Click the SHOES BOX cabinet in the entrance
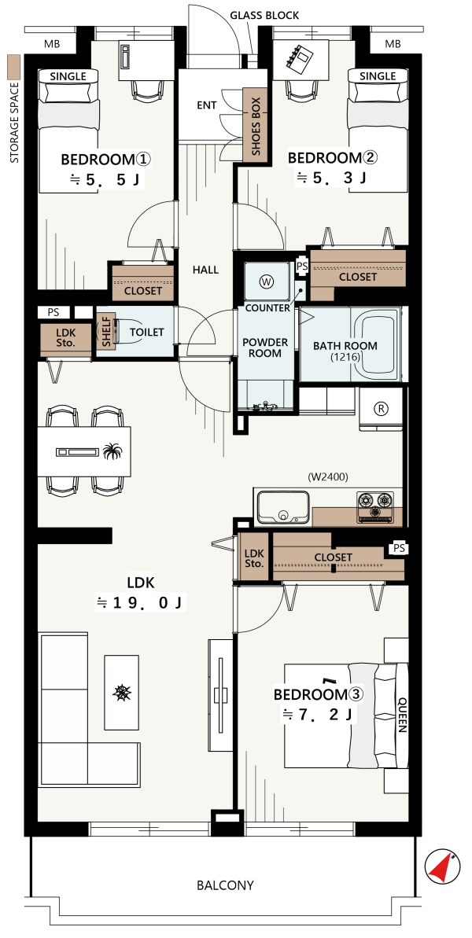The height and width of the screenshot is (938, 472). (255, 126)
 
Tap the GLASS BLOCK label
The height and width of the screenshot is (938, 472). (264, 16)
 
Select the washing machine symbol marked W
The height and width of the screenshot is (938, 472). (266, 281)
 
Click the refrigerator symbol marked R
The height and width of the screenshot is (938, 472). (381, 409)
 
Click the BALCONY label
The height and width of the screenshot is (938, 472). (225, 885)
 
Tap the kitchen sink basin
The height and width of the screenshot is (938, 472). (282, 506)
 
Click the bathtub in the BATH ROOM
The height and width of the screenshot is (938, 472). (378, 345)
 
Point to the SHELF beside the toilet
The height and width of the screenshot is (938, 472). (106, 332)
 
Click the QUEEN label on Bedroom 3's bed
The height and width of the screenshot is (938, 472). (402, 715)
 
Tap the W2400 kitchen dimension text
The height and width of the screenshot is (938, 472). (328, 476)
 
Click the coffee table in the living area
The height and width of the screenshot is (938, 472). (122, 692)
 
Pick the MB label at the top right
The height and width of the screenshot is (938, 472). (393, 44)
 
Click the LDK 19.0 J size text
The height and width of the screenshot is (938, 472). (141, 592)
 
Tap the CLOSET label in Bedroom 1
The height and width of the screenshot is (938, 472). (143, 291)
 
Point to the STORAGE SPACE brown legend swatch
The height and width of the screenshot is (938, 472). (13, 67)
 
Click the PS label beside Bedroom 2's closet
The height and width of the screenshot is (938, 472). (302, 267)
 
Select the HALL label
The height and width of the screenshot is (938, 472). (205, 270)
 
